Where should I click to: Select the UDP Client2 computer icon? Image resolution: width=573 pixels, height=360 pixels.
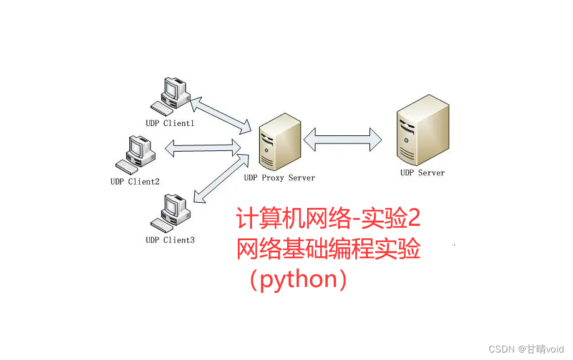click(x=134, y=154)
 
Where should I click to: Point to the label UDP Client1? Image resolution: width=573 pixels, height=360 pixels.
click(x=170, y=124)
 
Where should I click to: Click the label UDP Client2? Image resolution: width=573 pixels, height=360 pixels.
click(x=135, y=182)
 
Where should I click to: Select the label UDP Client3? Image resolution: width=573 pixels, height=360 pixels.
click(x=170, y=240)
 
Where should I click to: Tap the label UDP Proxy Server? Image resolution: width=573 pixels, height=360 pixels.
click(x=279, y=178)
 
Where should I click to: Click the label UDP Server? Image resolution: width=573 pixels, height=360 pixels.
click(x=423, y=173)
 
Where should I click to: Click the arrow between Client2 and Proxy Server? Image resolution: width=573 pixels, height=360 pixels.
click(x=203, y=148)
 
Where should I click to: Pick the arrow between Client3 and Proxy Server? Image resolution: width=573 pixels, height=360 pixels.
click(x=218, y=178)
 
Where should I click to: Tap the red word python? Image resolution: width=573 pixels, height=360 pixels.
click(x=298, y=280)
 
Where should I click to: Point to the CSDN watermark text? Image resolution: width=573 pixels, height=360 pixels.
click(x=501, y=349)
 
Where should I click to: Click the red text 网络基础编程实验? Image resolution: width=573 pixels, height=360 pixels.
click(x=328, y=250)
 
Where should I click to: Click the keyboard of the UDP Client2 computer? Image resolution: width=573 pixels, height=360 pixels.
click(x=127, y=168)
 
